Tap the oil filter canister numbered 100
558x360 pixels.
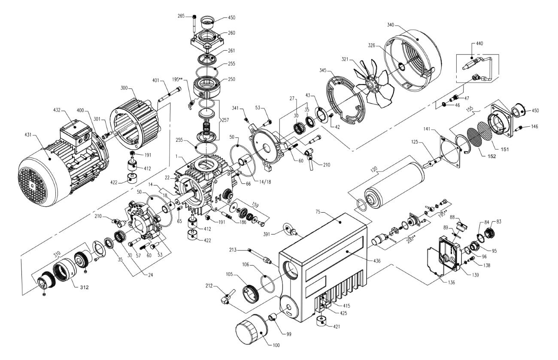pyautogui.click(x=251, y=331)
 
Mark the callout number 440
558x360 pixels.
pyautogui.click(x=479, y=44)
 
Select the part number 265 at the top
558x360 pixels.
pyautogui.click(x=181, y=16)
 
